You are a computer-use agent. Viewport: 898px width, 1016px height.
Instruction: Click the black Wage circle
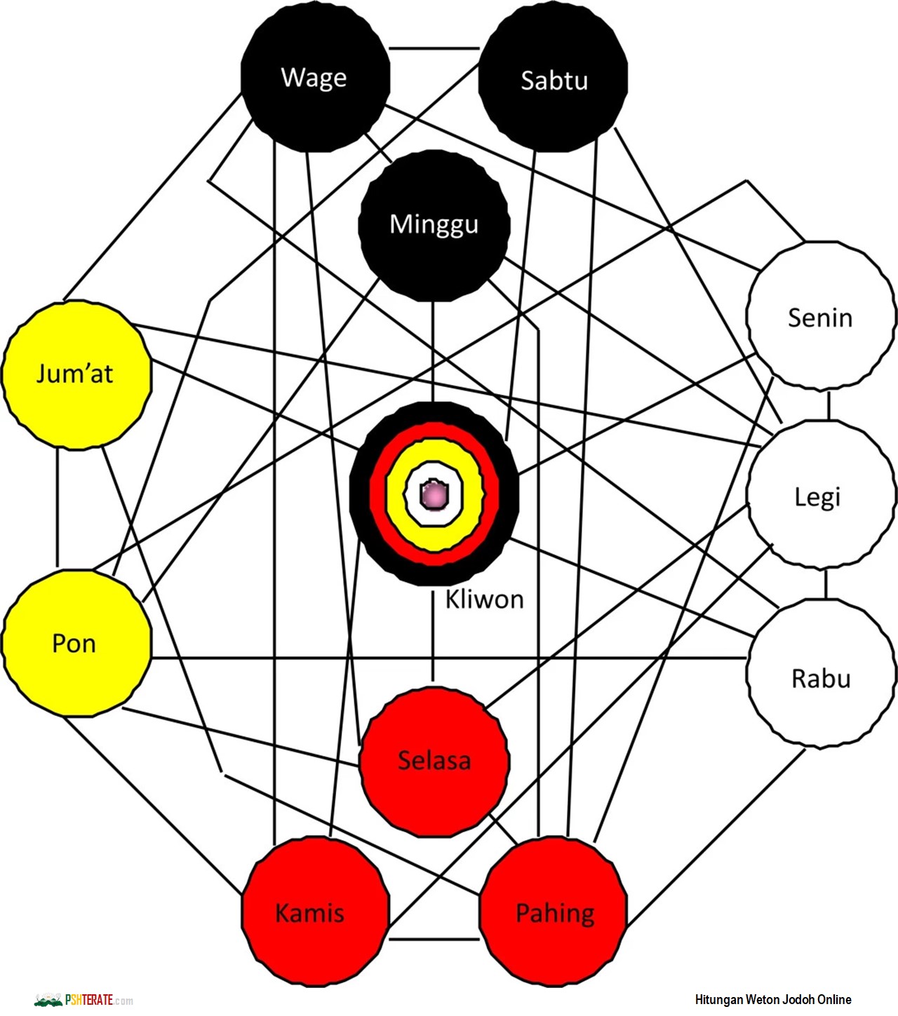pyautogui.click(x=315, y=78)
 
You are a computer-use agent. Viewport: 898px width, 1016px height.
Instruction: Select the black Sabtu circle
pyautogui.click(x=554, y=79)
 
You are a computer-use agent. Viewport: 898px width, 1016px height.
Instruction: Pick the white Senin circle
pyautogui.click(x=820, y=316)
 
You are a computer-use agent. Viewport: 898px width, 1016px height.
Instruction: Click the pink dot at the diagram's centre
pyautogui.click(x=434, y=495)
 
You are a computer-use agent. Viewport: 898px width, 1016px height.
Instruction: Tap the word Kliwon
pyautogui.click(x=485, y=600)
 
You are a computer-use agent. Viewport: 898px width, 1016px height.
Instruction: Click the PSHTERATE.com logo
pyautogui.click(x=84, y=1000)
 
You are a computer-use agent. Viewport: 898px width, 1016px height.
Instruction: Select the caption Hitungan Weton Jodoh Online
pyautogui.click(x=772, y=1000)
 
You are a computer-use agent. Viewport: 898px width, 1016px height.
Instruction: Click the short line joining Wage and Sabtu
pyautogui.click(x=434, y=48)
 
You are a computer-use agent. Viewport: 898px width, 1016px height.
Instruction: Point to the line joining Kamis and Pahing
pyautogui.click(x=434, y=939)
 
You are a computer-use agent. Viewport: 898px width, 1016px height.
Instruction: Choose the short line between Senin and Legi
pyautogui.click(x=829, y=405)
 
